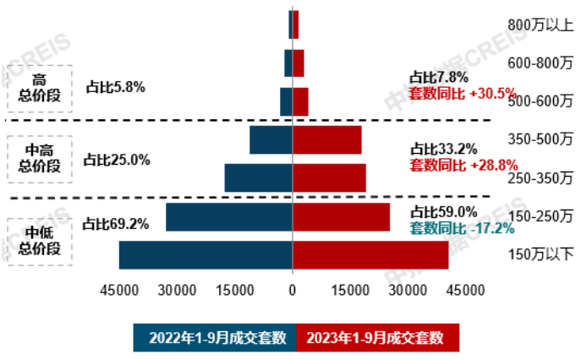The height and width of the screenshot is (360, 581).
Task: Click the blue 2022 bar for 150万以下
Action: coord(206,255)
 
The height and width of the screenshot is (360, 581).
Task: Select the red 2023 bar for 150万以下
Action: coord(370,255)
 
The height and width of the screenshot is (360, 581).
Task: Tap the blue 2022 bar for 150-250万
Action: coord(229,217)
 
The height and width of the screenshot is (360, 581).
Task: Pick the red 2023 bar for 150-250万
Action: coord(341,217)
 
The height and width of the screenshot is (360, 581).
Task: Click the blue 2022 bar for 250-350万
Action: coord(258,177)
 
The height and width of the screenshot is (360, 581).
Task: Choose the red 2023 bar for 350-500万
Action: coord(326,140)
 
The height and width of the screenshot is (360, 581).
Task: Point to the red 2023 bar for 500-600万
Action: coord(300,101)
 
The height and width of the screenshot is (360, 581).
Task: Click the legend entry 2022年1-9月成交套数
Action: coord(217,338)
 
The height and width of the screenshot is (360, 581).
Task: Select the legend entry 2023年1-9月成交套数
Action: coord(376,338)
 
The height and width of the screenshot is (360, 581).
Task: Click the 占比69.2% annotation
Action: coord(116,224)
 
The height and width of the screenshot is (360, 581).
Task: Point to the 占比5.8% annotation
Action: coord(116,86)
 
